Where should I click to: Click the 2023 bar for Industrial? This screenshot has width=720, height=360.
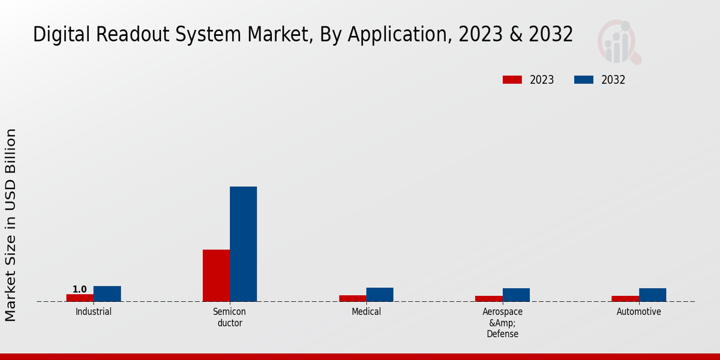point(80,298)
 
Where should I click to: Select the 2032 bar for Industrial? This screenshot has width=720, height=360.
point(107,293)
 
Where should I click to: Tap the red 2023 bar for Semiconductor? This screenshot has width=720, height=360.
point(216,275)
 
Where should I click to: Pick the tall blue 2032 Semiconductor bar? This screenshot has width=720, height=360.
point(243,244)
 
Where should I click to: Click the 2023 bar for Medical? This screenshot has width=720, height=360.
point(352,298)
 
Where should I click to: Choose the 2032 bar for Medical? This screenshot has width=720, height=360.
point(380,295)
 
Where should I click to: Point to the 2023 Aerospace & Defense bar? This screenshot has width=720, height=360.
point(489,298)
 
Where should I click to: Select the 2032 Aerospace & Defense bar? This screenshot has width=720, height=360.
point(516,295)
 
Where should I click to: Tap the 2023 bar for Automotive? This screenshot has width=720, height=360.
point(625,298)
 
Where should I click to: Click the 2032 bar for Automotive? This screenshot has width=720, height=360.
point(652,295)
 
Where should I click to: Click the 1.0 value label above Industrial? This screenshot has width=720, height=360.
point(80,289)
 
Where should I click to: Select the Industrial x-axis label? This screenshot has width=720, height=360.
point(94,312)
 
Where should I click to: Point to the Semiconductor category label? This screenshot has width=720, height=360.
point(230,317)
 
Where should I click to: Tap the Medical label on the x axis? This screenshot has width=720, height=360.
point(366,312)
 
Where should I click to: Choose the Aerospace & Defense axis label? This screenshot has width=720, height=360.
point(503,323)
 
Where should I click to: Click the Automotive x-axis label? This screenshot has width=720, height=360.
point(639,312)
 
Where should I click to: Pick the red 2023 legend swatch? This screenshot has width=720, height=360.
point(512,80)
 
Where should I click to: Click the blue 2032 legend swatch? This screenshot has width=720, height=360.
point(584,80)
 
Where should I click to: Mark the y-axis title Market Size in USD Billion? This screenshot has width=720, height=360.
point(11,225)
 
